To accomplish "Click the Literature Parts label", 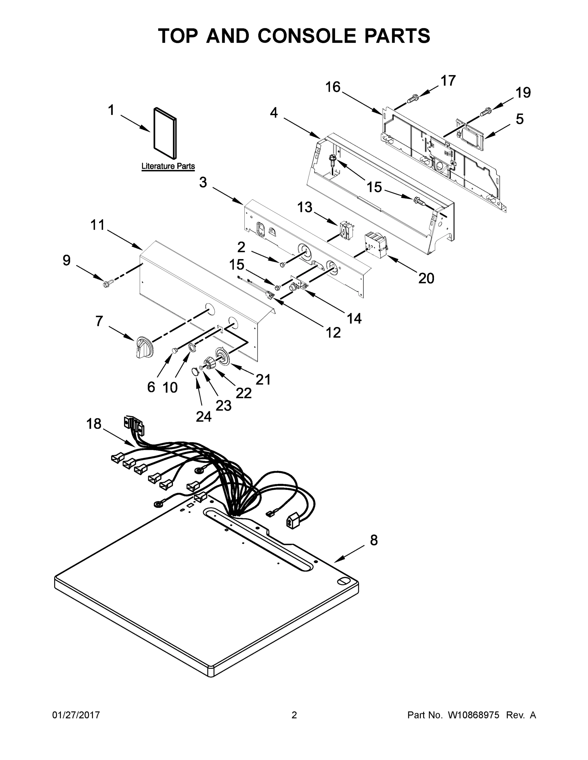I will click(168, 166).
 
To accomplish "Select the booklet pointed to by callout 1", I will click(165, 133).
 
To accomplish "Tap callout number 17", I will click(448, 81).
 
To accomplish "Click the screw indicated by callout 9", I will click(106, 284).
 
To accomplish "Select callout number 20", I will click(426, 278).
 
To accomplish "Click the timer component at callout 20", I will click(376, 245).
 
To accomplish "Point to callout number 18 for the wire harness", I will click(94, 424).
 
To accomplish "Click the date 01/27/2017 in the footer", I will click(76, 715).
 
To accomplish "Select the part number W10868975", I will click(473, 715).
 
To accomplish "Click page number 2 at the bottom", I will click(294, 715).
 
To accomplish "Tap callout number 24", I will click(204, 416).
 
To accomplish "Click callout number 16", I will click(333, 87).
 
